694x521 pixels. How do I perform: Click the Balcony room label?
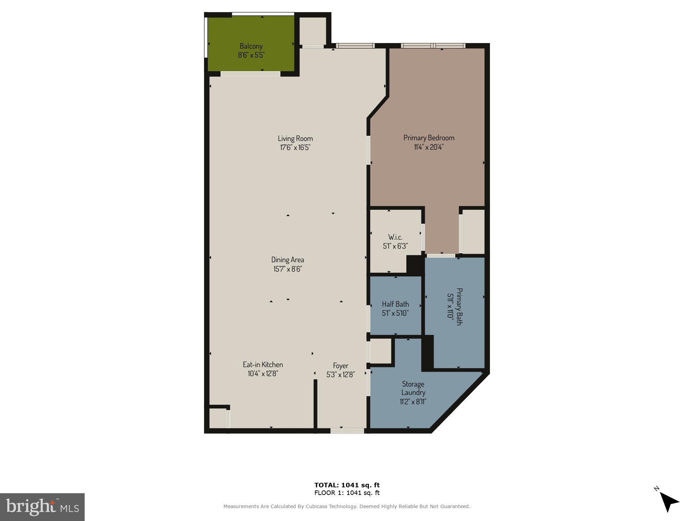(x=251, y=46)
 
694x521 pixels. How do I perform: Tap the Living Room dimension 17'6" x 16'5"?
(x=295, y=147)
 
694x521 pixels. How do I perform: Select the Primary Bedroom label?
(x=429, y=138)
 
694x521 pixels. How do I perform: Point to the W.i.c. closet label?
(x=395, y=237)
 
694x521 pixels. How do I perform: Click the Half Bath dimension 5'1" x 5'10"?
(x=395, y=313)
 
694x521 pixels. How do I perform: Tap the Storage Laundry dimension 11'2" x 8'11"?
(x=413, y=402)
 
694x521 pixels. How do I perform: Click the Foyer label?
(x=340, y=366)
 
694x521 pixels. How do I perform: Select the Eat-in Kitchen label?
(x=263, y=365)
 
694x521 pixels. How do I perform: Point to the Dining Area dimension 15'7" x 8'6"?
(x=287, y=269)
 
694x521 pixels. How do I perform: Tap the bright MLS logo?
(x=42, y=507)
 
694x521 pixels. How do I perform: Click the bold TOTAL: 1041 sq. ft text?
(x=347, y=485)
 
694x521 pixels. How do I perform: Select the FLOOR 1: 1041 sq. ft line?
(x=347, y=493)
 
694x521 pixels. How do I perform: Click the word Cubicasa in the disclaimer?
(x=316, y=506)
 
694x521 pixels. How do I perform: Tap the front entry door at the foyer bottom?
(x=347, y=431)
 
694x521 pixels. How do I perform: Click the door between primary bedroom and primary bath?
(x=441, y=256)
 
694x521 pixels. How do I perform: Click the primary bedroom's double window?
(x=433, y=46)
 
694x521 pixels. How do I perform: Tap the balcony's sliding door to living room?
(x=250, y=74)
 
